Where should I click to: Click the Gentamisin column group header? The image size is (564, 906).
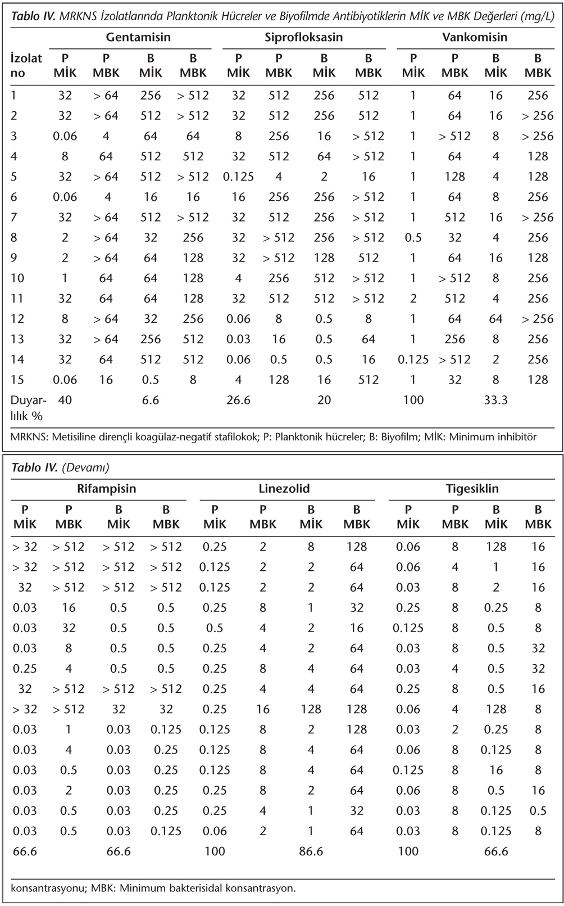tap(138, 37)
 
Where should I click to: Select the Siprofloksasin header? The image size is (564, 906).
tap(304, 37)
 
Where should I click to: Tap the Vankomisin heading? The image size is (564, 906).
tap(475, 37)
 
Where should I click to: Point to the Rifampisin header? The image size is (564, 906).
tap(107, 489)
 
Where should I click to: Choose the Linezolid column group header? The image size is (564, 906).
tap(284, 489)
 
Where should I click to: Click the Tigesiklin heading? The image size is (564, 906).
tap(472, 489)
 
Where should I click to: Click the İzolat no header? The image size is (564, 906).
tap(26, 66)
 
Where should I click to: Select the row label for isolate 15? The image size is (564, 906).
tap(17, 380)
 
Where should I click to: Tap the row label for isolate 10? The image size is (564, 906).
tap(17, 278)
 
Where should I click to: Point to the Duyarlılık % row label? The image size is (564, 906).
tap(28, 408)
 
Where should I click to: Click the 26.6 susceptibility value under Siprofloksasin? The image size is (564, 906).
tap(238, 400)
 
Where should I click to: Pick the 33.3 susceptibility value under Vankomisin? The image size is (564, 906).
tap(495, 400)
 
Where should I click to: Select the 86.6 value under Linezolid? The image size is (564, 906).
tap(311, 851)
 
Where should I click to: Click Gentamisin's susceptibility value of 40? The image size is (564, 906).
tap(65, 400)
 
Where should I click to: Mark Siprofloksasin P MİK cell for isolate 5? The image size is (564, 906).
tap(238, 177)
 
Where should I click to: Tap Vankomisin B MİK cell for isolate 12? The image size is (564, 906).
tap(495, 319)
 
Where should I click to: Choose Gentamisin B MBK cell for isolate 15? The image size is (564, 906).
tap(193, 380)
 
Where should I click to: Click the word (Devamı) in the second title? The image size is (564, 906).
tap(85, 467)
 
